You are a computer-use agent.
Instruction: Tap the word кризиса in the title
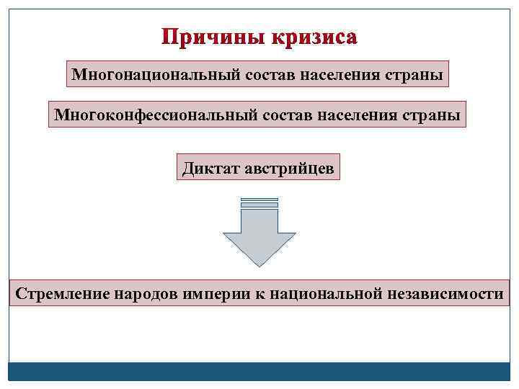pyautogui.click(x=314, y=37)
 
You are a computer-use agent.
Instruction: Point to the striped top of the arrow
pyautogui.click(x=259, y=203)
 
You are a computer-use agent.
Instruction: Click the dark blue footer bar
pyautogui.click(x=259, y=371)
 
